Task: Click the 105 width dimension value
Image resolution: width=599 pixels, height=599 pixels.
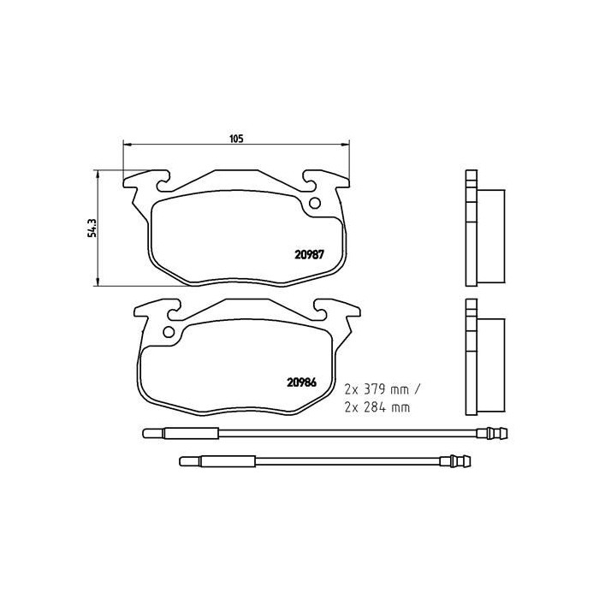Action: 237,137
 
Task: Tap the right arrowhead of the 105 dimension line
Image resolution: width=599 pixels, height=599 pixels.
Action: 345,145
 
